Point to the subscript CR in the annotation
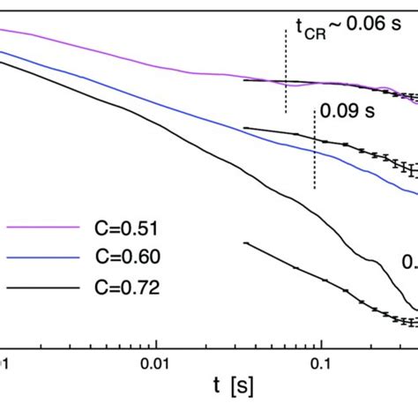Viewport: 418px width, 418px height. tap(314, 32)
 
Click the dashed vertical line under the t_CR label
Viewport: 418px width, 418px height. tap(286, 71)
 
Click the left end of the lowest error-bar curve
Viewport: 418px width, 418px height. tap(245, 243)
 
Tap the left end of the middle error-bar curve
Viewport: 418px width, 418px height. tap(245, 127)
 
